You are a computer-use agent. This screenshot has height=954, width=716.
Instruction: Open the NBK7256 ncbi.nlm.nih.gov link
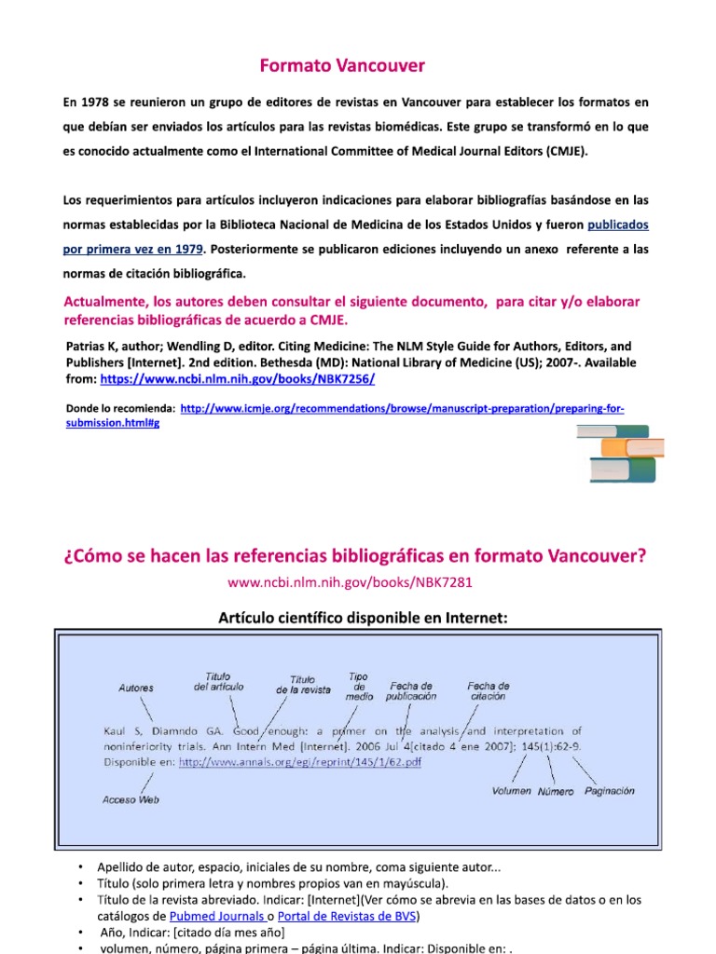tap(237, 380)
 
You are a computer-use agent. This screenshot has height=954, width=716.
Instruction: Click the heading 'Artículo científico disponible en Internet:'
tap(363, 617)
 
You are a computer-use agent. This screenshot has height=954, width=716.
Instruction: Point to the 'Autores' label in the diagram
tap(136, 688)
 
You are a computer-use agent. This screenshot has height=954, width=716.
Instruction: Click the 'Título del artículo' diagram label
tap(218, 681)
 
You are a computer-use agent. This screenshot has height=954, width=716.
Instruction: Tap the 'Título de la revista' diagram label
tap(303, 685)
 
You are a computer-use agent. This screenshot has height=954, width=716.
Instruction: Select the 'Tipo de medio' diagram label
tap(359, 686)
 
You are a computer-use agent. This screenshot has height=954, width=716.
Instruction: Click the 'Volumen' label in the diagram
tap(511, 791)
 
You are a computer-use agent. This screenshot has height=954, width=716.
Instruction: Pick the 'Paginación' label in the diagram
tap(610, 791)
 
